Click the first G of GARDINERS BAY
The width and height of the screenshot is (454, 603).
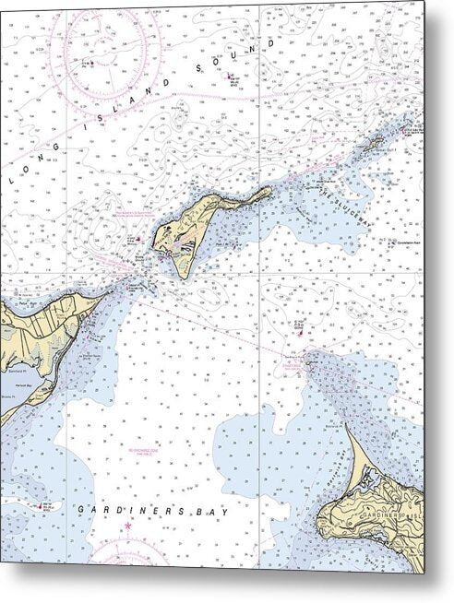82,510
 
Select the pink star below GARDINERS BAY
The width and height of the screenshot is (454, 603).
128,526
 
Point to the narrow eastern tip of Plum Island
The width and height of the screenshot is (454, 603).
270,190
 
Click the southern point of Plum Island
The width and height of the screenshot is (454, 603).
182,278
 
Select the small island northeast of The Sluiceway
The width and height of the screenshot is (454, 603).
376,143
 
